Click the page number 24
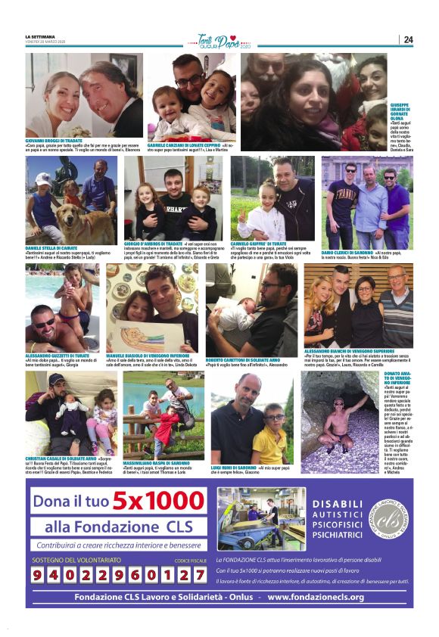[408, 39]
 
